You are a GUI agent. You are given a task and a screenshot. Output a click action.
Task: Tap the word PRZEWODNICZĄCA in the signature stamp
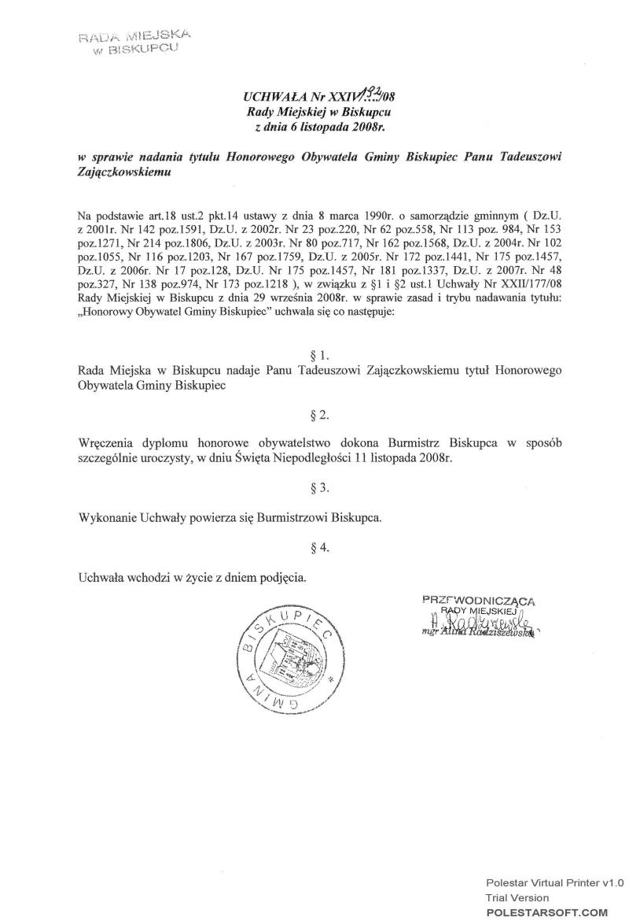tap(478, 600)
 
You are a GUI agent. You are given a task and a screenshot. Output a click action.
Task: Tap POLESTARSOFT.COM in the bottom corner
tap(547, 912)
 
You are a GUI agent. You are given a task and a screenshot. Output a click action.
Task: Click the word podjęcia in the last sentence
tap(281, 577)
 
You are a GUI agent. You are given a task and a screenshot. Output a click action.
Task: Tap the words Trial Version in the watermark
tap(517, 897)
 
